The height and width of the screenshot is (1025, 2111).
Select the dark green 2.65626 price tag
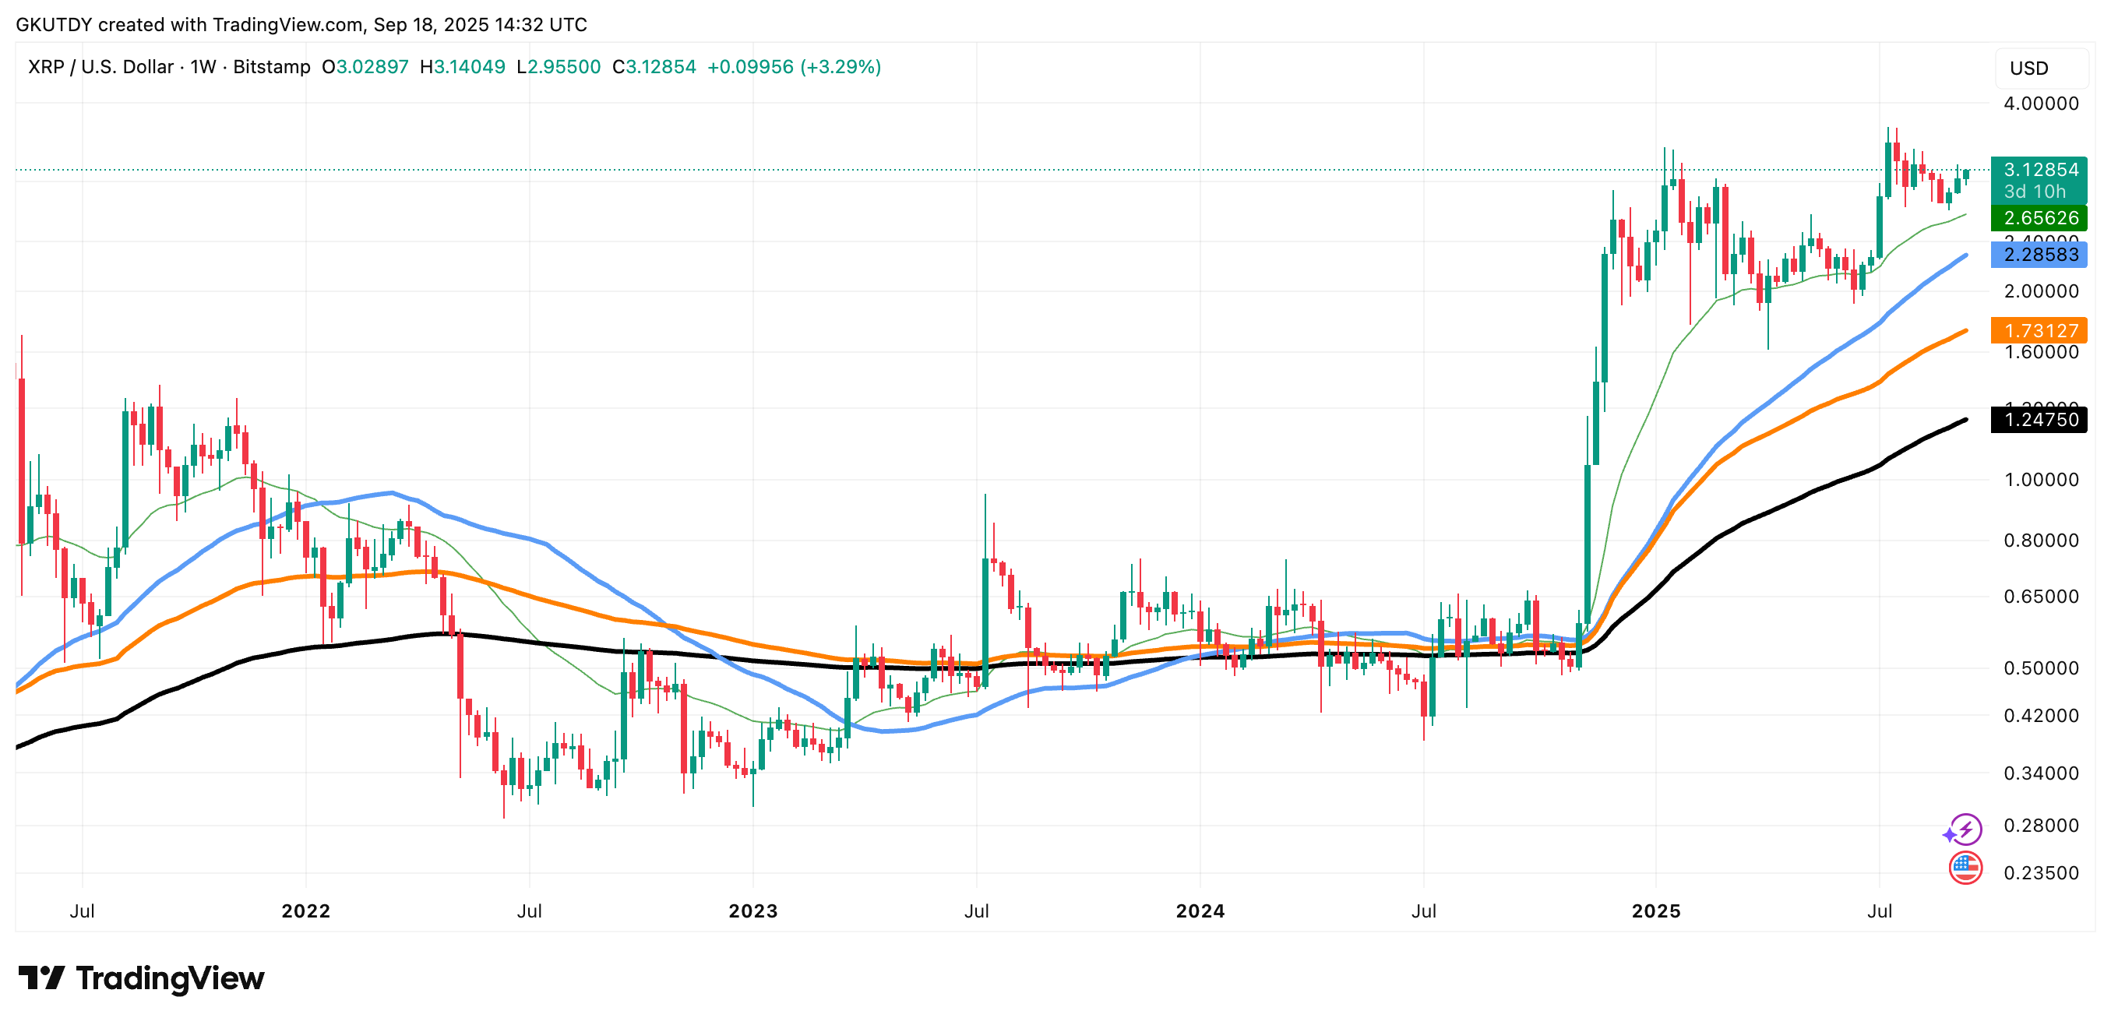tap(2039, 218)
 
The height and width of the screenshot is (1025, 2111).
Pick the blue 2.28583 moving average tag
tap(2039, 255)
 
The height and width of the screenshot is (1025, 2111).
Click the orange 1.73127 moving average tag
tap(2039, 331)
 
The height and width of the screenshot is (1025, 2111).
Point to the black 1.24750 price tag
tap(2039, 420)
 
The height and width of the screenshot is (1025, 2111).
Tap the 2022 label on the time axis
tap(305, 911)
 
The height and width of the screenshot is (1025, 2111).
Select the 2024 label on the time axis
tap(1200, 911)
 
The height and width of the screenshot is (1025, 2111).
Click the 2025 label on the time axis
tap(1655, 911)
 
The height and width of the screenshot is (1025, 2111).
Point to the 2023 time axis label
tap(752, 911)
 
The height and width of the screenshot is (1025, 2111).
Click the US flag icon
tap(1965, 868)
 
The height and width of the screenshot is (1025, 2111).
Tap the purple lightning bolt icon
tap(1965, 830)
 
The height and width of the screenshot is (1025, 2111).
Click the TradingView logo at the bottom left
tap(141, 978)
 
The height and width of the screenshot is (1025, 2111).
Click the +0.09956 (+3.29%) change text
tap(793, 67)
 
